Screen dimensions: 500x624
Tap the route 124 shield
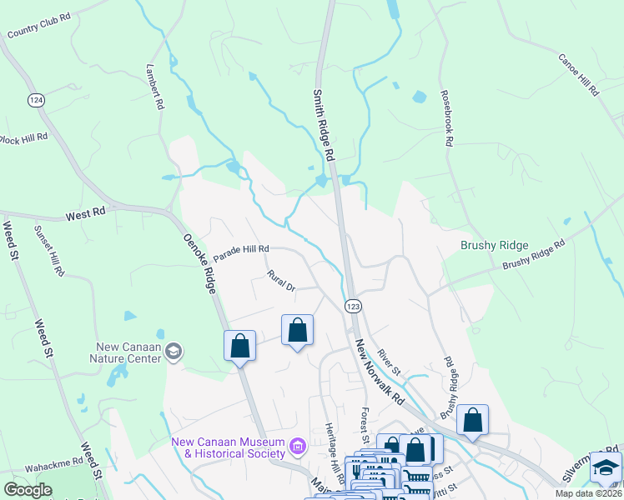pos(35,100)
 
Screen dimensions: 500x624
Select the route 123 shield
pos(353,306)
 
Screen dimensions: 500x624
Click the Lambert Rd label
pos(153,87)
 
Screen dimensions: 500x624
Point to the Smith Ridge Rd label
pos(324,125)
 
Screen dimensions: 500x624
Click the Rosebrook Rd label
pos(446,118)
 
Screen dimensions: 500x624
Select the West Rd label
pos(86,213)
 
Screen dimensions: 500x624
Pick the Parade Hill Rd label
pos(241,249)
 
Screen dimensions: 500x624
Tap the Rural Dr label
pos(281,280)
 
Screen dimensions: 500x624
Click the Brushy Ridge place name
pos(495,245)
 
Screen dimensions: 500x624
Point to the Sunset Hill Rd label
pos(48,250)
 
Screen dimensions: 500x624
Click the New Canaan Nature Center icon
pos(174,352)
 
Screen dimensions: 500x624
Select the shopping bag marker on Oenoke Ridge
pos(239,346)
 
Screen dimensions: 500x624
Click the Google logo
pos(28,489)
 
